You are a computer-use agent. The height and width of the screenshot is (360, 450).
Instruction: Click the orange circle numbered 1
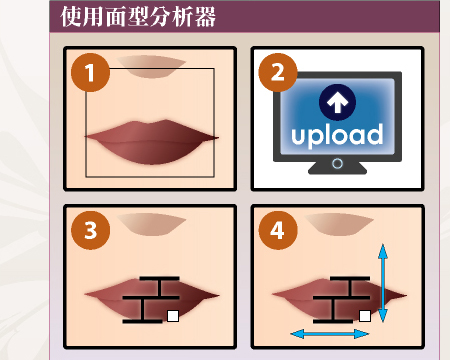coord(90,72)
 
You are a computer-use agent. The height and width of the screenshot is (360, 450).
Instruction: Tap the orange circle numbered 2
coord(278,72)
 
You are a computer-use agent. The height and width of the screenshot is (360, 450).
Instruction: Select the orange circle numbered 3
coord(90,230)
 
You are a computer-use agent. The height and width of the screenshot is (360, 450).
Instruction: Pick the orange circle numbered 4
coord(278,230)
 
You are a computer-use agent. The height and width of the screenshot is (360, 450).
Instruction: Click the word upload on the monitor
coord(337,135)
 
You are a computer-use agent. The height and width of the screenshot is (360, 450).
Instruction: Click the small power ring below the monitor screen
coord(337,164)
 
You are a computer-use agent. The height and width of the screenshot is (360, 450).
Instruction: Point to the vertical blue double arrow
coord(383,283)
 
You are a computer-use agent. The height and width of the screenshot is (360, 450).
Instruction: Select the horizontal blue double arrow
coord(330,334)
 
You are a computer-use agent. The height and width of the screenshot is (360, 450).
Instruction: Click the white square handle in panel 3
coord(173,316)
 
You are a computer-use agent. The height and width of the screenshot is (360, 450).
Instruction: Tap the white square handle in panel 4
coord(365,316)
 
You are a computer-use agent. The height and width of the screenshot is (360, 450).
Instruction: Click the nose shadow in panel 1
coord(151,66)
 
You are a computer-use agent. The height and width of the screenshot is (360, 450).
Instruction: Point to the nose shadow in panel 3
coord(151,224)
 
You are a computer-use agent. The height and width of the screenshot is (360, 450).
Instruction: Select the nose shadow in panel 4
coord(339,224)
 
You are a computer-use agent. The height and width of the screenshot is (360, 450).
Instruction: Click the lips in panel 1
coord(152,142)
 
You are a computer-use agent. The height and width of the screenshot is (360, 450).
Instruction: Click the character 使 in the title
coord(71,17)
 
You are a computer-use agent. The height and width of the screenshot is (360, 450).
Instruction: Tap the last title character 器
coord(206,17)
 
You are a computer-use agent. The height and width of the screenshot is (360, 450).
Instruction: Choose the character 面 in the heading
coord(116,17)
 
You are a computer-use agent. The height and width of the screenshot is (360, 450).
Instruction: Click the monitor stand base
coord(337,168)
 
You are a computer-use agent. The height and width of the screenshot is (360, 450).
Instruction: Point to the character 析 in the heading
coord(183,17)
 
